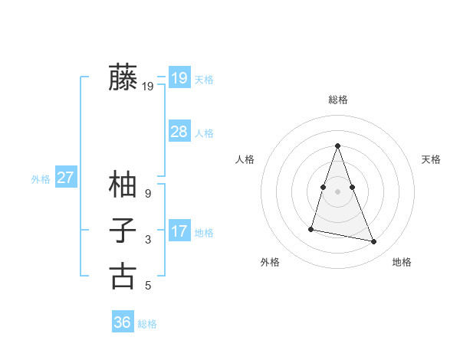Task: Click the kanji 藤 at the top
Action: click(x=123, y=77)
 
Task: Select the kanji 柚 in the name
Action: click(x=123, y=185)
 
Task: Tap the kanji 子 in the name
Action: click(x=123, y=230)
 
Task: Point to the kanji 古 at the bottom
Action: click(x=123, y=276)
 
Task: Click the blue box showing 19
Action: click(x=179, y=77)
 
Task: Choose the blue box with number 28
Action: click(x=179, y=131)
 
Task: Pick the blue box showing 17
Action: click(x=179, y=231)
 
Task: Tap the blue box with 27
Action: click(x=65, y=178)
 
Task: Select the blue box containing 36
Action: click(x=123, y=322)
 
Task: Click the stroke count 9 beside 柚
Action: click(x=147, y=194)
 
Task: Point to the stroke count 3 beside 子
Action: click(x=147, y=240)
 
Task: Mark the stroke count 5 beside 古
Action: click(x=147, y=286)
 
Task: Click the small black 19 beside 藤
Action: click(x=147, y=87)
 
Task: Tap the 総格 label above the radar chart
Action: click(x=338, y=100)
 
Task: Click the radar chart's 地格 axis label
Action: click(x=402, y=262)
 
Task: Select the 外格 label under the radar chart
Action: click(x=270, y=262)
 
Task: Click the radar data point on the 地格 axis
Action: click(x=374, y=241)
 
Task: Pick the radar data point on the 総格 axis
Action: click(x=338, y=146)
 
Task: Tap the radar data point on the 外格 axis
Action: click(x=311, y=228)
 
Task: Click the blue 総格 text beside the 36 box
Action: click(x=147, y=324)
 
